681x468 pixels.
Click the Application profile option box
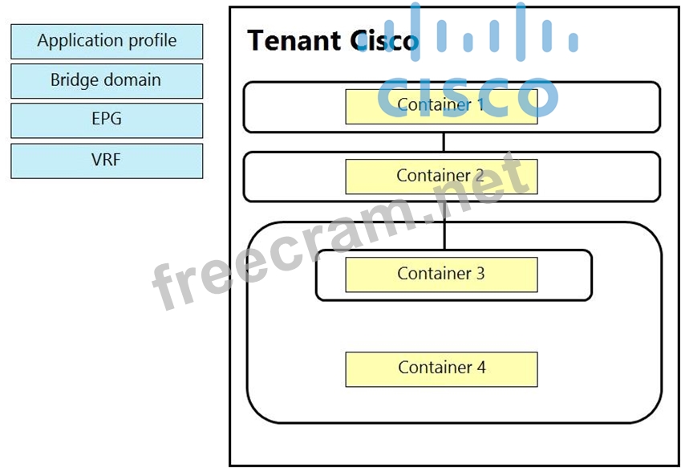point(107,41)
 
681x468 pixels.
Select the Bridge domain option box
point(107,81)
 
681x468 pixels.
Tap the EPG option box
point(107,120)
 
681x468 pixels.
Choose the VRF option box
point(107,160)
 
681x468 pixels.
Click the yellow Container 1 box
point(441,106)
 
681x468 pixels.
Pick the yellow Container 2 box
point(441,176)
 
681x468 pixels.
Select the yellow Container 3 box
point(441,275)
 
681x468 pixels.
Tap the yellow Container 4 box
point(441,368)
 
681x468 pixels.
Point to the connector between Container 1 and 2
point(444,142)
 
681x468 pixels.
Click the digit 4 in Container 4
point(480,368)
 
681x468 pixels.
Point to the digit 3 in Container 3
point(480,274)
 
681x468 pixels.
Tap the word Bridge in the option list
point(74,81)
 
